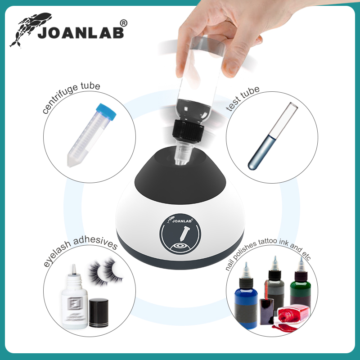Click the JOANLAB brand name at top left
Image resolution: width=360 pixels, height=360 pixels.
point(81,33)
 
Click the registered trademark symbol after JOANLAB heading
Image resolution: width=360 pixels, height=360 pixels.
point(123,23)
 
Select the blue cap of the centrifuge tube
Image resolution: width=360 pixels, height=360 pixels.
point(106,112)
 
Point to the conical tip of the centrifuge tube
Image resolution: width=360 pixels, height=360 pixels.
point(71,161)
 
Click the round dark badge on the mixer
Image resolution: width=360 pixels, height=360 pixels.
point(180,234)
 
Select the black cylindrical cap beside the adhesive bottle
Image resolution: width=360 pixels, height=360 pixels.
point(99,312)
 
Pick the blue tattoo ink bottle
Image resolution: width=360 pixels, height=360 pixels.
point(246,298)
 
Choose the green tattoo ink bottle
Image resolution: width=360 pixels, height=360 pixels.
point(300,287)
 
